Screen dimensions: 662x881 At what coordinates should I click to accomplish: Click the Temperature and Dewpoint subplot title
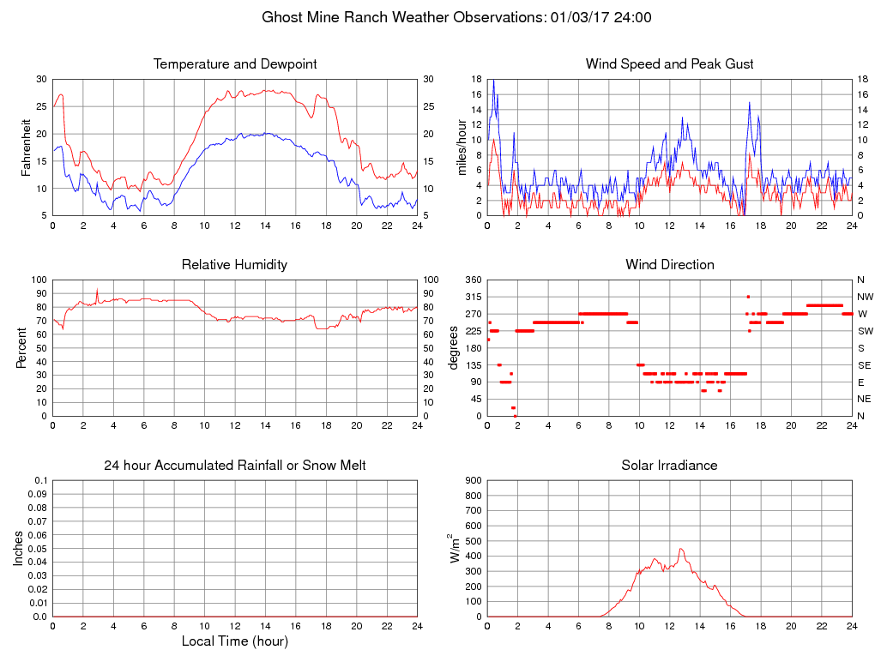pos(235,64)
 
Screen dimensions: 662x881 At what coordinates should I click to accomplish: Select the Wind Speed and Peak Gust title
pos(669,64)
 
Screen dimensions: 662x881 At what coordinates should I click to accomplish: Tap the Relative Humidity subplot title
pos(234,265)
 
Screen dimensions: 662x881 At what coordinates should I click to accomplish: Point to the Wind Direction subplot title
pos(669,265)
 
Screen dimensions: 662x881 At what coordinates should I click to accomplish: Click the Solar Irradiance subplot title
pos(669,466)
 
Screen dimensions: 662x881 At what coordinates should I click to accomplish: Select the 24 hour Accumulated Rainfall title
pos(235,466)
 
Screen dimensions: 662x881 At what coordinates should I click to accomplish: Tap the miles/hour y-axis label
pos(462,147)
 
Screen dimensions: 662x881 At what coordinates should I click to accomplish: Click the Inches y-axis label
pos(19,549)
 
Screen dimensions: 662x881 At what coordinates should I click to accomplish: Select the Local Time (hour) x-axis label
pos(234,641)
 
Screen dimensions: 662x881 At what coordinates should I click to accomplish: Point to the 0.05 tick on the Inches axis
pos(36,549)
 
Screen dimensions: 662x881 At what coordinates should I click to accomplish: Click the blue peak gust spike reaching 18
pos(492,81)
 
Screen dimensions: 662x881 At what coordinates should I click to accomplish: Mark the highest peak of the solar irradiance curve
pos(680,549)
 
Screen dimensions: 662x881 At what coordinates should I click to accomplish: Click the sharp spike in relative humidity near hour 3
pos(97,290)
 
